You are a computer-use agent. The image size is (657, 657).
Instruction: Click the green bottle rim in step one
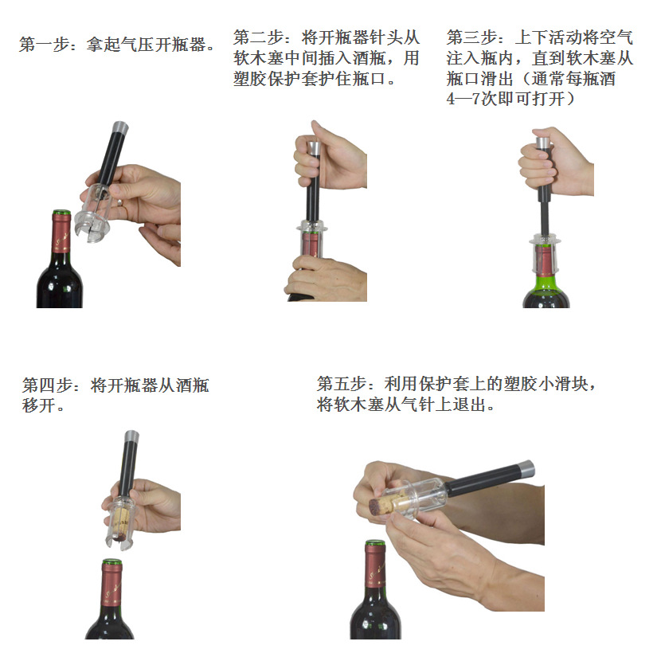[x=61, y=213]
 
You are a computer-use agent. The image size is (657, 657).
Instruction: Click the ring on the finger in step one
[x=119, y=203]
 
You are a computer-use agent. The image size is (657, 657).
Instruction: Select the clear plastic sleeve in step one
[x=96, y=211]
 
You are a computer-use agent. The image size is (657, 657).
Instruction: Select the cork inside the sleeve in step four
[x=119, y=522]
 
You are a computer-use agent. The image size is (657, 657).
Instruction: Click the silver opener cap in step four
[x=130, y=437]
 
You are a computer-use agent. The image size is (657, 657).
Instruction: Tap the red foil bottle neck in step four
[x=111, y=585]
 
